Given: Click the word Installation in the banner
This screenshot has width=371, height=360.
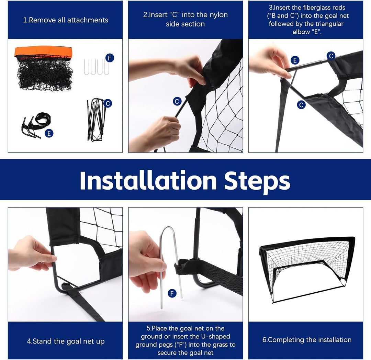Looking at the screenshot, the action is pyautogui.click(x=148, y=180).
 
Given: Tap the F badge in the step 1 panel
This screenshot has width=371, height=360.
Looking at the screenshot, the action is pyautogui.click(x=110, y=58).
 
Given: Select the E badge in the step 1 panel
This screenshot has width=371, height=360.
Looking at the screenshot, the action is pyautogui.click(x=49, y=133).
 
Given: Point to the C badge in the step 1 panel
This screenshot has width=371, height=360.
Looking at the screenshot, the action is pyautogui.click(x=108, y=103).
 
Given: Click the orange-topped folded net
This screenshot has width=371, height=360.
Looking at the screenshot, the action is pyautogui.click(x=44, y=68).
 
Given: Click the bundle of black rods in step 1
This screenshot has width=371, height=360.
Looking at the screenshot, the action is pyautogui.click(x=96, y=120).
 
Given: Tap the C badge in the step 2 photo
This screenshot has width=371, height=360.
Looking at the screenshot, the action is pyautogui.click(x=177, y=101).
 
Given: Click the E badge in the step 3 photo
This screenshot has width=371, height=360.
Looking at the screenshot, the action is pyautogui.click(x=295, y=60).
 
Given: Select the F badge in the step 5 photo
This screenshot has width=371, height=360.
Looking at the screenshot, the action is pyautogui.click(x=172, y=294).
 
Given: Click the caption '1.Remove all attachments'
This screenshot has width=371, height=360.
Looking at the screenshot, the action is pyautogui.click(x=66, y=20).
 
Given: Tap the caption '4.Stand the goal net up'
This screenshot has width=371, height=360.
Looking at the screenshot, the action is pyautogui.click(x=66, y=341).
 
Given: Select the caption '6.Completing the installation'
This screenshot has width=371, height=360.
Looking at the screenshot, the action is pyautogui.click(x=307, y=340).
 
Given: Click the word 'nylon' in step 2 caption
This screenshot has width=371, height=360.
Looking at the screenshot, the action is pyautogui.click(x=217, y=15).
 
